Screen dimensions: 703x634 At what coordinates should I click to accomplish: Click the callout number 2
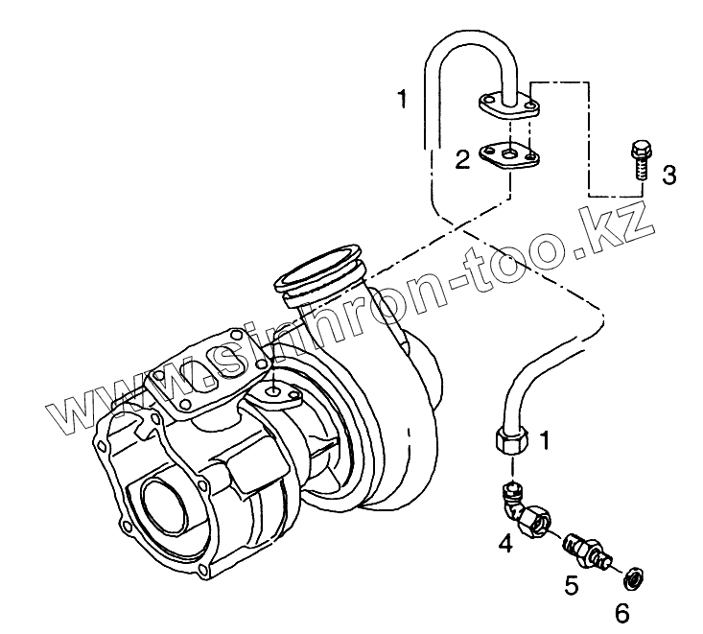[462, 159]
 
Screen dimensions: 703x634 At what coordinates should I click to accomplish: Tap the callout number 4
[504, 545]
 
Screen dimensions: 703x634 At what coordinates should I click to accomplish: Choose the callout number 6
[621, 610]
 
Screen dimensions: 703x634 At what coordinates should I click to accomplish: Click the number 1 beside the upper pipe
[404, 98]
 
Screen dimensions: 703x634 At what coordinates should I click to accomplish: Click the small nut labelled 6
[632, 577]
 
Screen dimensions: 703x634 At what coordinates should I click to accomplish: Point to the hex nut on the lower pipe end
[511, 440]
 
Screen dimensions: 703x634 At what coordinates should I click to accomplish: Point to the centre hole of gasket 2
[509, 153]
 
